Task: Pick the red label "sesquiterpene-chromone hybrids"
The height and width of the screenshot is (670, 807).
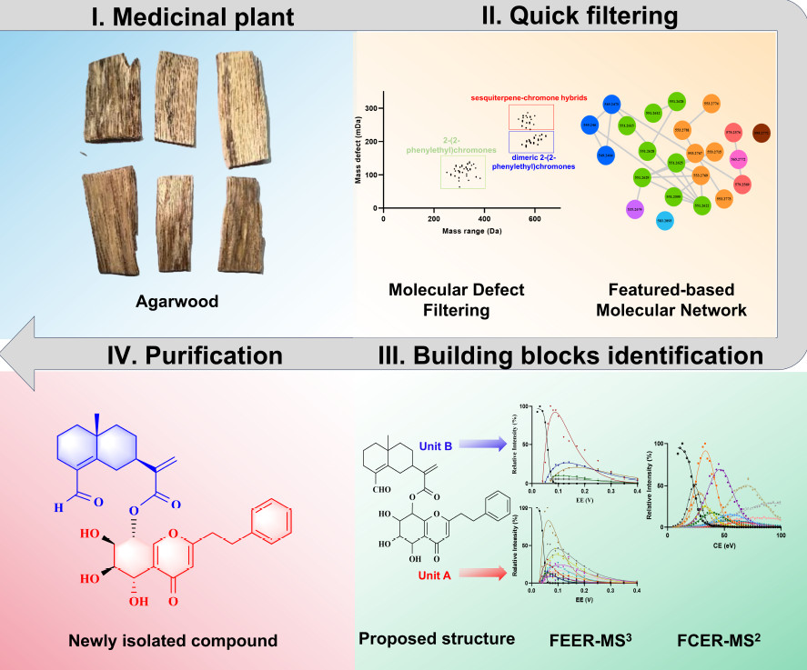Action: [x=528, y=95]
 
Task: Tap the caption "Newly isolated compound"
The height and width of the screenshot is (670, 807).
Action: [x=173, y=641]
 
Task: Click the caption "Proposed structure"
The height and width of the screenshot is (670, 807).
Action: [x=437, y=639]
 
